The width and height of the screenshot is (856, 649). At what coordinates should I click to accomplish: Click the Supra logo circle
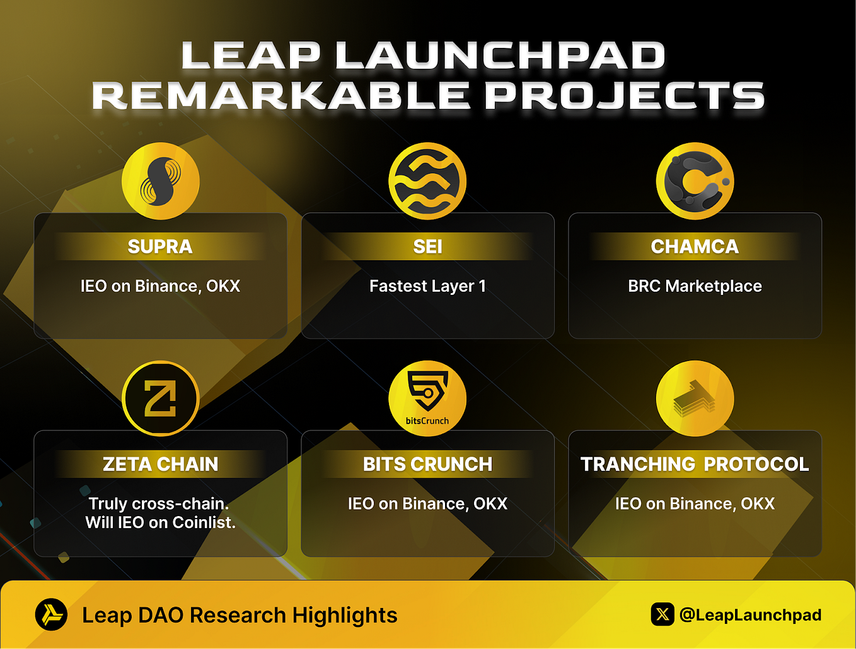tap(161, 181)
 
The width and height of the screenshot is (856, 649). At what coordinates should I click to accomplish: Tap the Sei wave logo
tap(427, 181)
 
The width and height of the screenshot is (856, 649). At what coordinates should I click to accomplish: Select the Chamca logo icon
tap(695, 181)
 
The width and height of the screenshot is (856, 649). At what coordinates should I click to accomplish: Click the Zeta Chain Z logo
tap(161, 398)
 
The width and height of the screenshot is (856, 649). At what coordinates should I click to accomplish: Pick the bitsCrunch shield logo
tap(427, 393)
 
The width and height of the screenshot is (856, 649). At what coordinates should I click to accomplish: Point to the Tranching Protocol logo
tap(695, 398)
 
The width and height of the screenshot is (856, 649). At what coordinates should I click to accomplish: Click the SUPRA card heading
tap(160, 246)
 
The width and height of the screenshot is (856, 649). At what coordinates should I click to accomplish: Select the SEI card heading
tap(427, 246)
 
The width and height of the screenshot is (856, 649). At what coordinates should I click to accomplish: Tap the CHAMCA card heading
tap(695, 246)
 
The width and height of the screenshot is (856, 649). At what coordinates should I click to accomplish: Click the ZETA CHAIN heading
tap(160, 464)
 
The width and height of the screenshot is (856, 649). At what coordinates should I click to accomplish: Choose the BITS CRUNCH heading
tap(427, 464)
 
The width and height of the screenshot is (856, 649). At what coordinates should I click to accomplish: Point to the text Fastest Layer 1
tap(427, 286)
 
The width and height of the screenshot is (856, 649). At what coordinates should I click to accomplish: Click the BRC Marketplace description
tap(695, 286)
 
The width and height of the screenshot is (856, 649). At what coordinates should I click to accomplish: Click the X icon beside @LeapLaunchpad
tap(662, 614)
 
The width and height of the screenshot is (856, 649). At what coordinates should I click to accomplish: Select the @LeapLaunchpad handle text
tap(750, 614)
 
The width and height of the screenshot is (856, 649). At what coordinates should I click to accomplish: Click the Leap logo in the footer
tap(51, 614)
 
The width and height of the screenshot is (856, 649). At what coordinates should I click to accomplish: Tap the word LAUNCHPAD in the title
tap(500, 55)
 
